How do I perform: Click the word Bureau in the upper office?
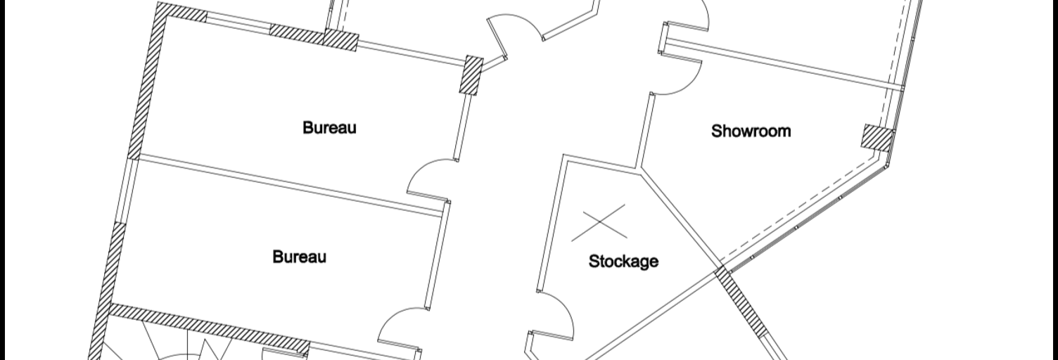329,127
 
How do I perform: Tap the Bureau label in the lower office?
299,257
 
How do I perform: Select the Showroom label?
751,131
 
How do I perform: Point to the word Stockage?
623,261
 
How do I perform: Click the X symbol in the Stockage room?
599,223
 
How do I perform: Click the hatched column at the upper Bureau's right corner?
472,75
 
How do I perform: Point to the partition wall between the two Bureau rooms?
288,186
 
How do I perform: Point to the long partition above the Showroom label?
784,65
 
